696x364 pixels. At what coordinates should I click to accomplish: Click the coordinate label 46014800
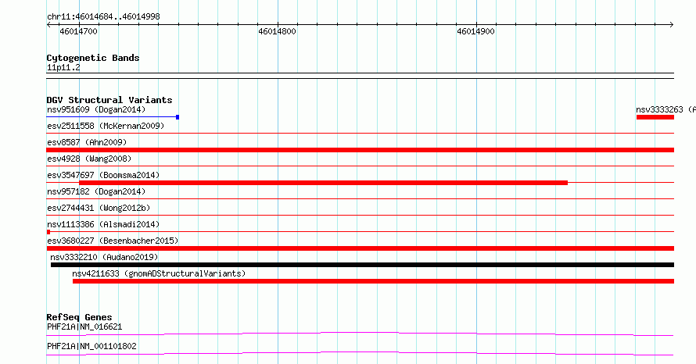(277, 31)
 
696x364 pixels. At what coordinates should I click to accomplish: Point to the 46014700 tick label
(78, 31)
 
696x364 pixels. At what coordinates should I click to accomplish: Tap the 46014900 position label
(475, 31)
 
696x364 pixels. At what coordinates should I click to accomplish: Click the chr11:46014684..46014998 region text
(103, 17)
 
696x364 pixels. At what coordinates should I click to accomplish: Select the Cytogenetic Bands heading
(93, 58)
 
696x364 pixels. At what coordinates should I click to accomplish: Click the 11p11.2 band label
(63, 67)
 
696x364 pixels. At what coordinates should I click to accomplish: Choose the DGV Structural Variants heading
(109, 100)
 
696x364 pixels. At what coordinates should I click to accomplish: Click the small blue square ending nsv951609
(178, 117)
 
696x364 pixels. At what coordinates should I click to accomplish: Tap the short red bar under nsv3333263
(655, 117)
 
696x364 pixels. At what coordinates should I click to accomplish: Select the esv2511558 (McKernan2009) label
(106, 126)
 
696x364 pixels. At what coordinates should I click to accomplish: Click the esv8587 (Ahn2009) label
(87, 142)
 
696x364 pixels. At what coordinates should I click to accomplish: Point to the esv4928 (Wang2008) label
(89, 159)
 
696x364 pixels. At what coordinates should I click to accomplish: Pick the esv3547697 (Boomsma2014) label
(103, 175)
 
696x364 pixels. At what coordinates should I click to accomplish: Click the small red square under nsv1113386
(48, 232)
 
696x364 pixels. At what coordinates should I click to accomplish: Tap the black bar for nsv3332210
(362, 265)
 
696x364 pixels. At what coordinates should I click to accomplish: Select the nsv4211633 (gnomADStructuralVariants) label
(159, 273)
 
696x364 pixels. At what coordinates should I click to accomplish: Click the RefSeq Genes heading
(79, 317)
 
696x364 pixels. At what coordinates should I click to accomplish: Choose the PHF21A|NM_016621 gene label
(84, 327)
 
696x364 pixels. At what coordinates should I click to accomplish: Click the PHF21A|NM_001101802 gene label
(91, 346)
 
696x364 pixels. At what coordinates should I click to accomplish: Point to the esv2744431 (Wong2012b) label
(99, 208)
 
